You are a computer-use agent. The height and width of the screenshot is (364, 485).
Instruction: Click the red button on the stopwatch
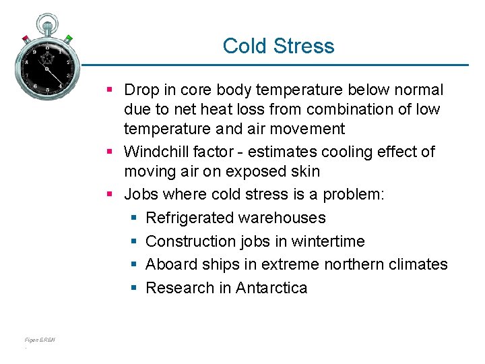(25, 37)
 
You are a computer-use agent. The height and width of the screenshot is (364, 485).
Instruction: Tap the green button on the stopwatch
(68, 38)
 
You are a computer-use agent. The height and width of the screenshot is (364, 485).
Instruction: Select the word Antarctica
(271, 288)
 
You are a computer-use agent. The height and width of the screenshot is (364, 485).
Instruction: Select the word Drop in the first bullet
(140, 90)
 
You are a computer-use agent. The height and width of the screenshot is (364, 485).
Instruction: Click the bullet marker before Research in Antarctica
(133, 288)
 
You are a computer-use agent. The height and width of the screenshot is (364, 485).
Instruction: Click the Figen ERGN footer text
(38, 340)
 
